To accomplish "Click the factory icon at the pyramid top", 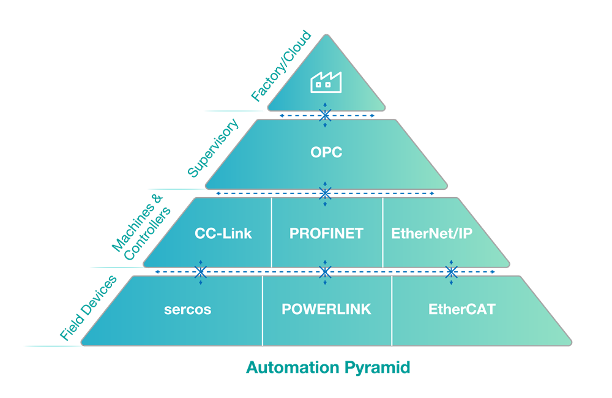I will [325, 81].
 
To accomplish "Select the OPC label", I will [326, 152].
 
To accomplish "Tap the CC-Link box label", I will [223, 233].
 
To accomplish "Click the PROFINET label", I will [326, 233].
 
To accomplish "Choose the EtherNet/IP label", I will [431, 233].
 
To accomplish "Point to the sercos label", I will [187, 309].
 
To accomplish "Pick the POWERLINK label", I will [326, 309].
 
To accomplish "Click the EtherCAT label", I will [461, 309].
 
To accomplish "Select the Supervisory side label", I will [214, 148].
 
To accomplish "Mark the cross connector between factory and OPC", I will [326, 115].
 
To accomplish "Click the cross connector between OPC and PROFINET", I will [326, 193].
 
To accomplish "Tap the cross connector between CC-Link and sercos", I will [200, 271].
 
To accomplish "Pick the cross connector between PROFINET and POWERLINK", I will [326, 271].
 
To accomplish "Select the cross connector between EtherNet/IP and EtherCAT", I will [451, 271].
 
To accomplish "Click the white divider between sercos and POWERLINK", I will [263, 310].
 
